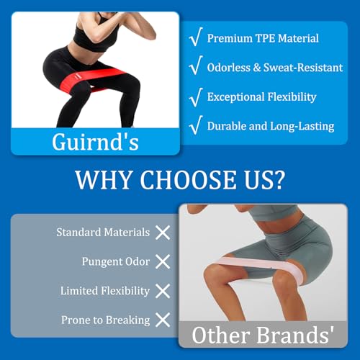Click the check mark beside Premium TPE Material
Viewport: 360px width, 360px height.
tap(196, 37)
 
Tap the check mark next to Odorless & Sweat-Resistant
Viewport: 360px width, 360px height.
tap(196, 66)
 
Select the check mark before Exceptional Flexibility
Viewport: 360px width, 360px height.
tap(196, 97)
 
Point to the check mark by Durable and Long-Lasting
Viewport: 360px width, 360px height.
tap(196, 125)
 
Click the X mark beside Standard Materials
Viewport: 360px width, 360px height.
tap(163, 233)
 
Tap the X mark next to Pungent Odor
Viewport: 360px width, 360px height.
tap(163, 261)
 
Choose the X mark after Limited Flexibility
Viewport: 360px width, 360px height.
tap(163, 291)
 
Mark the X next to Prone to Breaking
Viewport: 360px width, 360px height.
tap(163, 320)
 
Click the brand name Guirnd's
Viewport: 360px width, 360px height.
tap(95, 142)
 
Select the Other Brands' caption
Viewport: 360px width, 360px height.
tap(263, 335)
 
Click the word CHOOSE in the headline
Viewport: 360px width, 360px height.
tap(188, 180)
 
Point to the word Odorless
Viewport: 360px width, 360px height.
tap(229, 68)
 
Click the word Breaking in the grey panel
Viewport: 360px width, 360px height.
tap(127, 320)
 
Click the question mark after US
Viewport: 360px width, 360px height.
tap(278, 180)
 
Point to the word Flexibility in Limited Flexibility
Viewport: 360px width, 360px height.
tap(125, 291)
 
